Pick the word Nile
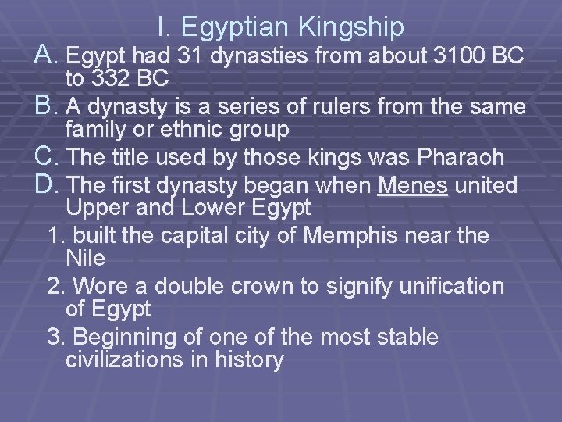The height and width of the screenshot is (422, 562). pyautogui.click(x=87, y=257)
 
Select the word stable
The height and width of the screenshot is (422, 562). pyautogui.click(x=402, y=338)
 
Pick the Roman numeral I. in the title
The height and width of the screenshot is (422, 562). pyautogui.click(x=163, y=28)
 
